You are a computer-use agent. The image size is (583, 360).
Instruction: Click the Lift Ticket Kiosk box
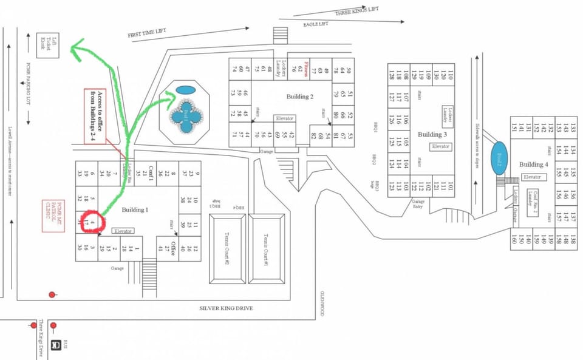coord(47,45)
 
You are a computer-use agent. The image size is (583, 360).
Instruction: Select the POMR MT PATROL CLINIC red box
coord(53,216)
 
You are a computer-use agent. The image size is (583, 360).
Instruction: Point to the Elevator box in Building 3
coord(440,146)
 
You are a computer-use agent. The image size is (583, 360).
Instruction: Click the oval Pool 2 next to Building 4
coord(498,158)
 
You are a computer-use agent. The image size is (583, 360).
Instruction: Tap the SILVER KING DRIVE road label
coord(226,308)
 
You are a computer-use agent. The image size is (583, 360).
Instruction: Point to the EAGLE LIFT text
coord(316,24)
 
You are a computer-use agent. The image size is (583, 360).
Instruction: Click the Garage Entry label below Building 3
coord(418,203)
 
